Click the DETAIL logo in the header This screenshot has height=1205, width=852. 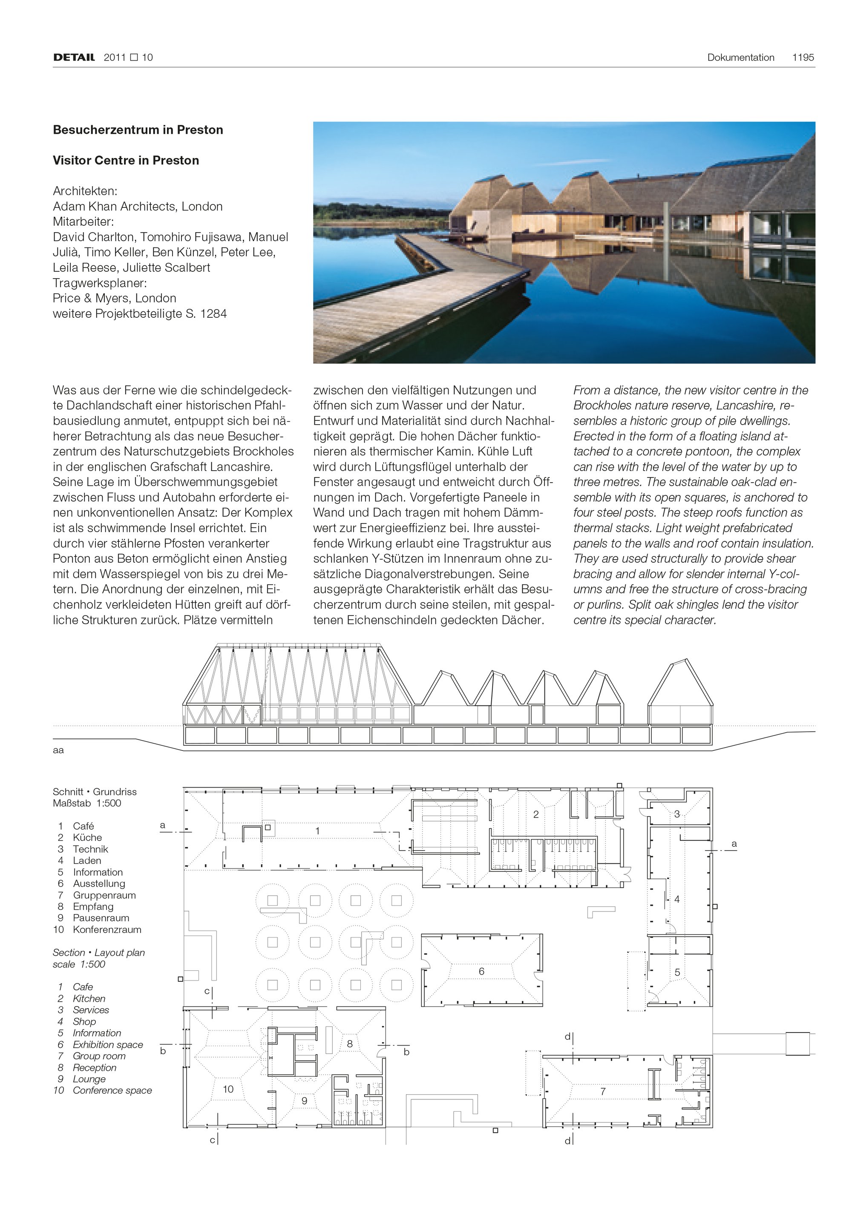(74, 57)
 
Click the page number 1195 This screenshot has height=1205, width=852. (803, 57)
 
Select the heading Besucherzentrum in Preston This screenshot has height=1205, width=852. (138, 129)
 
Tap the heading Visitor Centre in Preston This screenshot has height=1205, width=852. (126, 160)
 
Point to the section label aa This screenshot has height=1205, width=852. (58, 750)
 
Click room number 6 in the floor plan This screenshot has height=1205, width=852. (481, 972)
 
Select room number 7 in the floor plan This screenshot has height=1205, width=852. (603, 1091)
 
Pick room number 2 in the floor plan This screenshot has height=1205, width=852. (535, 814)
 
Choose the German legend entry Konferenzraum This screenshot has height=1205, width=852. (107, 929)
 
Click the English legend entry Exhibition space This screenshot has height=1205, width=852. (108, 1044)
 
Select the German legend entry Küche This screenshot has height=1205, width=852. (87, 837)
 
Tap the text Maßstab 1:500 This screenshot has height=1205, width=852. (87, 803)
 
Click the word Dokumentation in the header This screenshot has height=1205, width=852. (740, 57)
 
